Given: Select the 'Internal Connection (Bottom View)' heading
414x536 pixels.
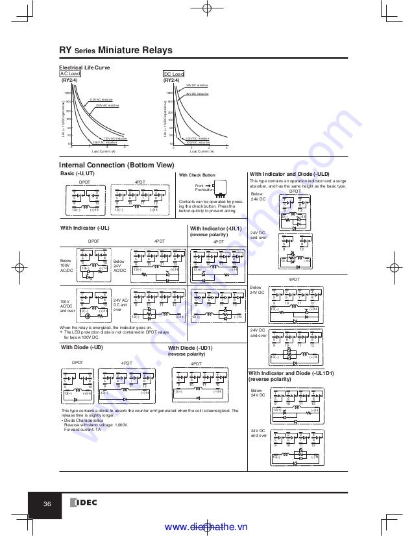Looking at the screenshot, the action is (x=116, y=165).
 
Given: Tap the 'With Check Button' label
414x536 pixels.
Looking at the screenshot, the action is (x=197, y=175).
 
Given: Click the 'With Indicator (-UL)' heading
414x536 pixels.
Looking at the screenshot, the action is (x=84, y=228).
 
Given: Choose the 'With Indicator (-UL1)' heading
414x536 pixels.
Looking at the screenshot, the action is (x=215, y=228).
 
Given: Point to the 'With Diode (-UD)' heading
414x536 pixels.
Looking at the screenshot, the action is (x=82, y=348).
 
